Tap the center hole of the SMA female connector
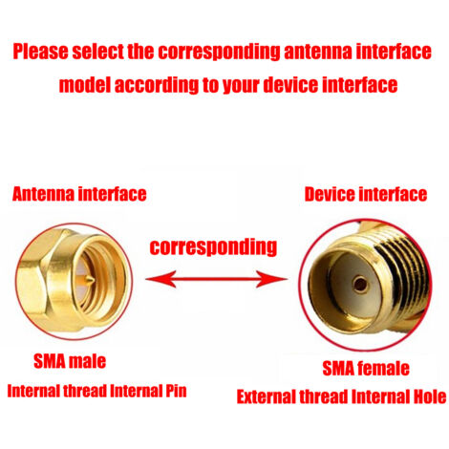[360, 284]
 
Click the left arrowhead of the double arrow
[160, 279]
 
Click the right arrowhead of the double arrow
[272, 279]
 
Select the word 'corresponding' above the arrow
[213, 246]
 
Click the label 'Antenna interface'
[79, 194]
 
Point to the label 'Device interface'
[366, 194]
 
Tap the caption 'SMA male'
[70, 361]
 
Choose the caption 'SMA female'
[366, 369]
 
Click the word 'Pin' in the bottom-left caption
[176, 391]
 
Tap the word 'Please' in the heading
[40, 52]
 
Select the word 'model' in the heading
[84, 85]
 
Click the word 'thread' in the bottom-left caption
[85, 391]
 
